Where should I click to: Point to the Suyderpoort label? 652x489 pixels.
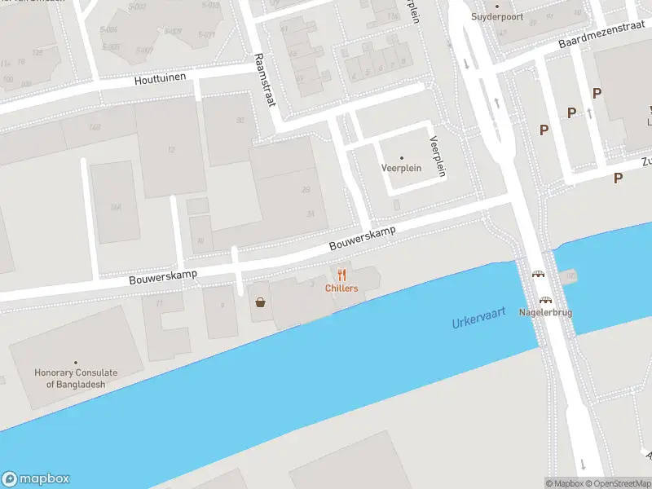tap(496, 16)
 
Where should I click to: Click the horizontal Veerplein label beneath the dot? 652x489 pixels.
tap(400, 169)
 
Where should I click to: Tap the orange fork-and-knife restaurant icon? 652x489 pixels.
tap(341, 275)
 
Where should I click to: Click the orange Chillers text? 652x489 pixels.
tap(341, 289)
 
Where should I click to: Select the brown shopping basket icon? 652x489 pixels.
tap(260, 302)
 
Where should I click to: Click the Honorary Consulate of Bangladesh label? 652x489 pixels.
tap(76, 378)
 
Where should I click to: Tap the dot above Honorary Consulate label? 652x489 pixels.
tap(76, 362)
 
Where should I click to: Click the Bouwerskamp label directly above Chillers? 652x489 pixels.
tap(363, 238)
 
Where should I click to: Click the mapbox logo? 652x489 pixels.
tap(36, 478)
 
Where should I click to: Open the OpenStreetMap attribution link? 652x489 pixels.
tap(619, 483)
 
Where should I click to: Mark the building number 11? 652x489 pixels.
tap(160, 303)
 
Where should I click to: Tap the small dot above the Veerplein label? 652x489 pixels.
tap(401, 157)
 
